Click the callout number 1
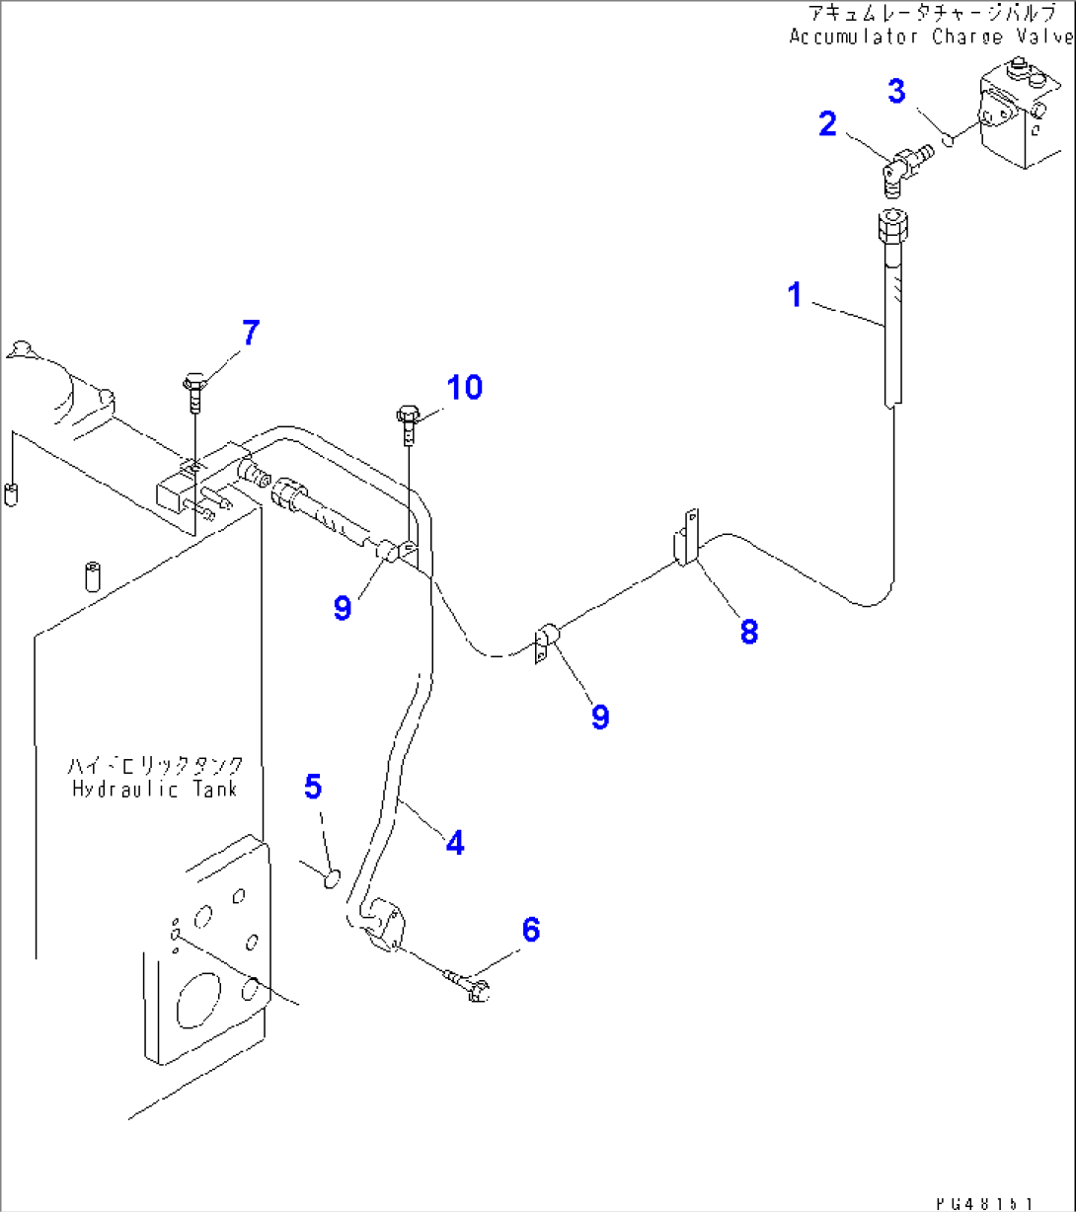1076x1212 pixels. (x=795, y=294)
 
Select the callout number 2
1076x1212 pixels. (x=827, y=124)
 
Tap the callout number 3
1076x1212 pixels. (x=895, y=92)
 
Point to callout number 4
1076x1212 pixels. (x=453, y=842)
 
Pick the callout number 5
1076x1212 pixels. (x=312, y=787)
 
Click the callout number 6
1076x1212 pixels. (x=530, y=929)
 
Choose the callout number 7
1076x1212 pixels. (x=251, y=334)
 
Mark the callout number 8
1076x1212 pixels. (x=749, y=632)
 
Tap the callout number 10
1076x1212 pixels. (x=462, y=388)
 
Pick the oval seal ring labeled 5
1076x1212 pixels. (x=332, y=875)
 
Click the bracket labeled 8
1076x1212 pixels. (x=688, y=540)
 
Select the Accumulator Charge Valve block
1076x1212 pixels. (x=1023, y=116)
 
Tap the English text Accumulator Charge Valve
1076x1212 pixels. (x=930, y=37)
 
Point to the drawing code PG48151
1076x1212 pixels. (x=984, y=1202)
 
